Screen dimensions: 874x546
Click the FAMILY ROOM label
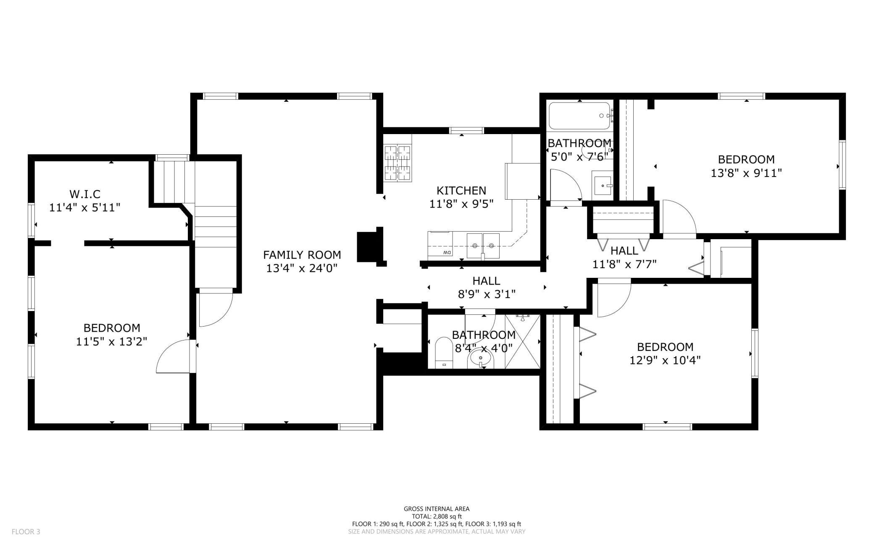pyautogui.click(x=302, y=255)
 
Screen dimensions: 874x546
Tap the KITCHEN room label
pyautogui.click(x=461, y=190)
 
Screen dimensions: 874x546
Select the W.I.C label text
pyautogui.click(x=85, y=194)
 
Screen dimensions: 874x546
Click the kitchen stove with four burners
pyautogui.click(x=398, y=163)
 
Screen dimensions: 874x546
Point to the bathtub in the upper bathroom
pyautogui.click(x=579, y=116)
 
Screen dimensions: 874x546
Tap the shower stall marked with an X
pyautogui.click(x=522, y=342)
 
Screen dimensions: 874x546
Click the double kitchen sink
pyautogui.click(x=483, y=246)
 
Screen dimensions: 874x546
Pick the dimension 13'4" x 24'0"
pyautogui.click(x=302, y=268)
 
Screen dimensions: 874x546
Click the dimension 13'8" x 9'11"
pyautogui.click(x=746, y=173)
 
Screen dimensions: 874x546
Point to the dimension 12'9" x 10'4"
pyautogui.click(x=665, y=360)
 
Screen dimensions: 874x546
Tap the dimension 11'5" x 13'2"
pyautogui.click(x=111, y=341)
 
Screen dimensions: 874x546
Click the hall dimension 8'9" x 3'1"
pyautogui.click(x=487, y=294)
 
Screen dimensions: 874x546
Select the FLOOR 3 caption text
pyautogui.click(x=26, y=532)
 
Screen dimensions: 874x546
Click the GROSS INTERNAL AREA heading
pyautogui.click(x=437, y=509)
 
